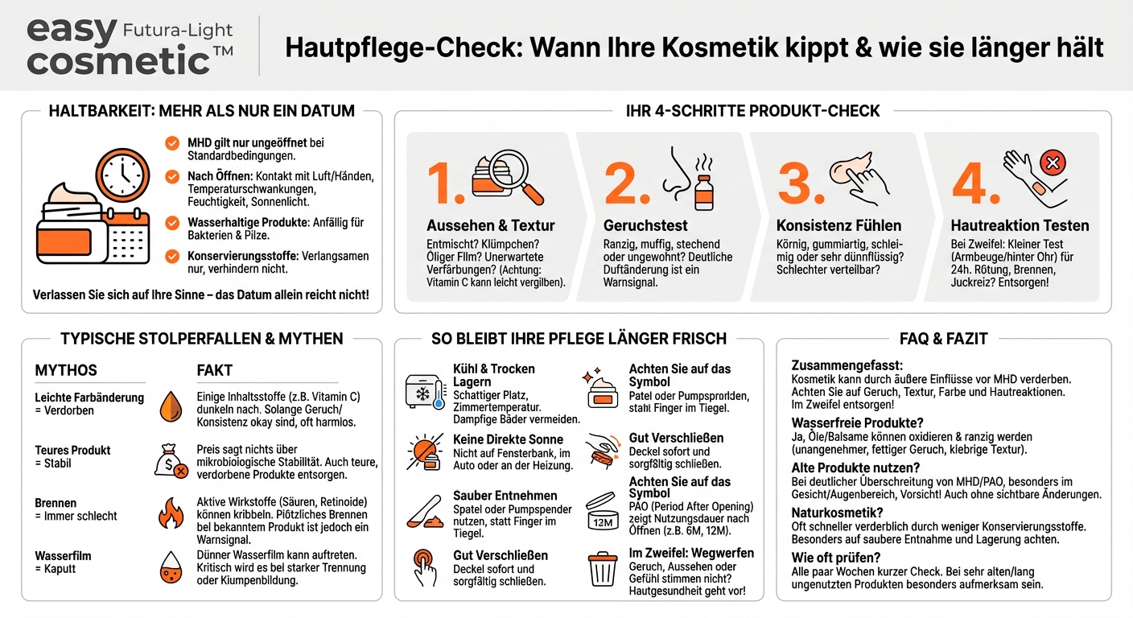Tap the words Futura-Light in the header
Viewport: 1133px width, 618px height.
tap(177, 31)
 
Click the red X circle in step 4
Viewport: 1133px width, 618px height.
tap(1051, 164)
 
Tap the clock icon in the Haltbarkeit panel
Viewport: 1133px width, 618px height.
tap(122, 174)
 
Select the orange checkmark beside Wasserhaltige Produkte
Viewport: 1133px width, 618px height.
tap(172, 223)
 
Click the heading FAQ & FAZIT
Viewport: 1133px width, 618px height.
tap(943, 339)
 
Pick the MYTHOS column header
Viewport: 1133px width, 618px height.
tap(66, 370)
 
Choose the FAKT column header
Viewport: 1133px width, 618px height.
tap(214, 370)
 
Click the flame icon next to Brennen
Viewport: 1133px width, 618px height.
tap(171, 512)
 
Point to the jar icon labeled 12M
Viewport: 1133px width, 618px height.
tap(602, 513)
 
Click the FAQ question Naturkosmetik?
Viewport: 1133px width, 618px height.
tap(837, 512)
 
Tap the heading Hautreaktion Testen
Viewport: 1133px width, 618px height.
tap(1020, 225)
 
